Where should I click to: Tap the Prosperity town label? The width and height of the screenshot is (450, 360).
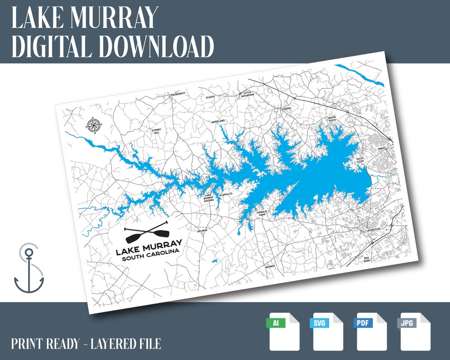coord(178,94)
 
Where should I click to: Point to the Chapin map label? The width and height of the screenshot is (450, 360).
coord(286,108)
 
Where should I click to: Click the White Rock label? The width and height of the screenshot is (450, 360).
coord(332,119)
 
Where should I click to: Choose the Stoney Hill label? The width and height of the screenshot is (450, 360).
coord(156,131)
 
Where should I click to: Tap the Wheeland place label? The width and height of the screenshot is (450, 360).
coord(218,121)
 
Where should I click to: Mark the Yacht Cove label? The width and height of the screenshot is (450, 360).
coord(360,160)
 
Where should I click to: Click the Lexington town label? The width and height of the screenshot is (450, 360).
coord(373,230)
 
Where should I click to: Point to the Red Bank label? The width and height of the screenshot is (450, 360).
coord(367,260)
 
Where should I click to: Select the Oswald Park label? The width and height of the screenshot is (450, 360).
coord(262,213)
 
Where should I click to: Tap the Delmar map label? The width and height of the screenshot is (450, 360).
coord(202,230)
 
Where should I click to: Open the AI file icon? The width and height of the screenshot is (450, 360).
coord(283,331)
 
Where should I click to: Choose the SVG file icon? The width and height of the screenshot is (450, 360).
coord(327,331)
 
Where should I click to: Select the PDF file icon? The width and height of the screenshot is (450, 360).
coord(370,331)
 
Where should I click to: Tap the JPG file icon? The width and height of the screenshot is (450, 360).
coord(414,331)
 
